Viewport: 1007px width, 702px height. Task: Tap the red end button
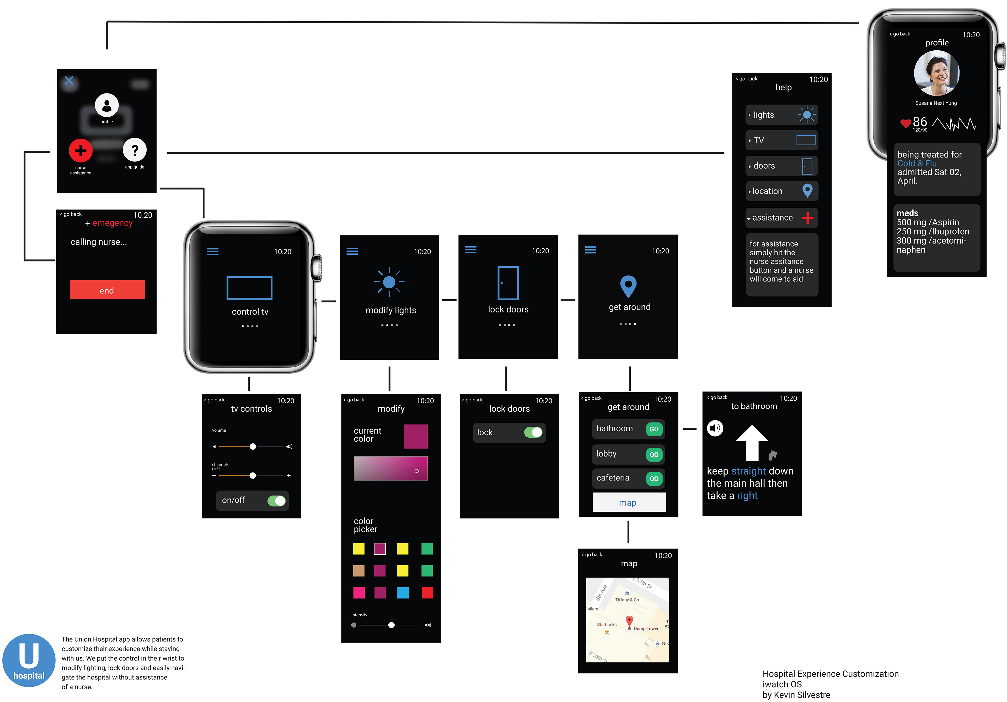click(108, 290)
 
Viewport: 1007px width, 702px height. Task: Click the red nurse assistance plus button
click(81, 151)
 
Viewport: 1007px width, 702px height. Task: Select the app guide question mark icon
click(135, 150)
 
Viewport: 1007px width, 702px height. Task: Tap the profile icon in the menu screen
click(106, 105)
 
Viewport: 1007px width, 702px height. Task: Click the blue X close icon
click(69, 80)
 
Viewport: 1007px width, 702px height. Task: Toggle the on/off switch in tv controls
click(276, 500)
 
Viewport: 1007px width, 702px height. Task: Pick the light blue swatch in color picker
click(403, 593)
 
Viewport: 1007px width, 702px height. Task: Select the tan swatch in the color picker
click(359, 570)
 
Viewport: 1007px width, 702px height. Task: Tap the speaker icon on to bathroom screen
click(715, 428)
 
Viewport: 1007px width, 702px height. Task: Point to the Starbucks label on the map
click(607, 624)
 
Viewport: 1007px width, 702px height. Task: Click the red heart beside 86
click(905, 123)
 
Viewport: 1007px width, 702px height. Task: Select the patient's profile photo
click(936, 73)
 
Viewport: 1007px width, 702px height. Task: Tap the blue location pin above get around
click(628, 286)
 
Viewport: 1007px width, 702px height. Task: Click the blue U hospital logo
click(29, 660)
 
